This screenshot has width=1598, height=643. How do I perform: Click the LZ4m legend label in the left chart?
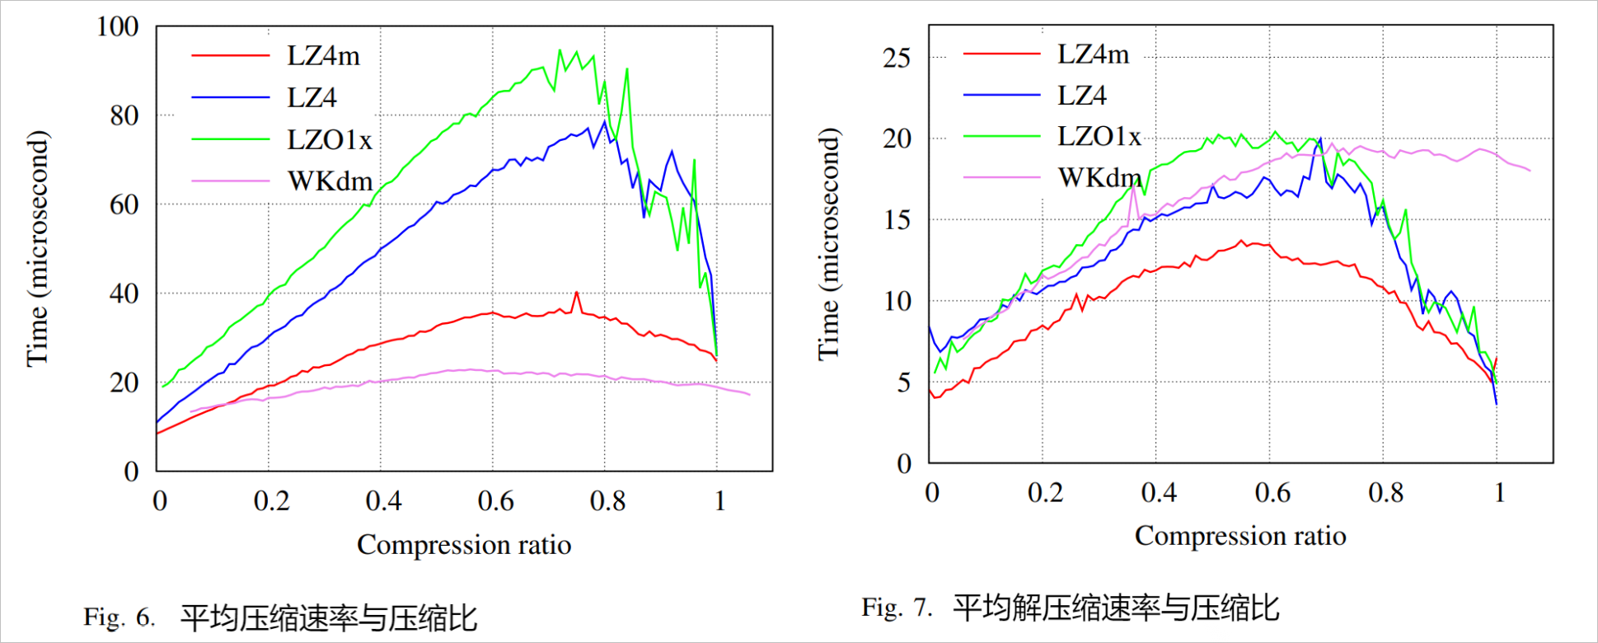click(323, 56)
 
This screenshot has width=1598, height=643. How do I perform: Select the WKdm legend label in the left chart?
click(330, 181)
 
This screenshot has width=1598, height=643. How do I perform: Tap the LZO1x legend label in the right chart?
click(1099, 136)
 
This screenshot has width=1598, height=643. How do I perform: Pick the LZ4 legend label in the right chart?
click(1082, 96)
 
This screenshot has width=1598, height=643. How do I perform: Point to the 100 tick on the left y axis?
click(117, 26)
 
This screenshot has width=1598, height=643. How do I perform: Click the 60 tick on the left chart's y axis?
click(124, 204)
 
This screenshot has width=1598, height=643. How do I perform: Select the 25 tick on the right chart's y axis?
click(897, 58)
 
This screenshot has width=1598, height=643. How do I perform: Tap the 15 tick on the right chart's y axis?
click(897, 220)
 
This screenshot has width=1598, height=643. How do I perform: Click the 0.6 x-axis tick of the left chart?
click(495, 501)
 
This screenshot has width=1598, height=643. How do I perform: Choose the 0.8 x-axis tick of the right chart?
click(1385, 493)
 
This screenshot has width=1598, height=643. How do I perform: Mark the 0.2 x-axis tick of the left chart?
click(271, 501)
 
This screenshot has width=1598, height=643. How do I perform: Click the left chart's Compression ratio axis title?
click(464, 545)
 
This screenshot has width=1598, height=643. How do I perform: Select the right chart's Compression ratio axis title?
click(1240, 536)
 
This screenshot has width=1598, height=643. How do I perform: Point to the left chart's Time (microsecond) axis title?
click(38, 248)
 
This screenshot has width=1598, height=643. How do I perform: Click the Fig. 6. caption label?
click(119, 617)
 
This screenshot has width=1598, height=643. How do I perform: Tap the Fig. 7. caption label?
click(897, 608)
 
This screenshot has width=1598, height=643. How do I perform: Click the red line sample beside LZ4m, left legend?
click(230, 56)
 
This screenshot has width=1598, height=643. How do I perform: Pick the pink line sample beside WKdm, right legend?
click(1001, 177)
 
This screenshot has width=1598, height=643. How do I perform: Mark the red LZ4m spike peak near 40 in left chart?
click(576, 293)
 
